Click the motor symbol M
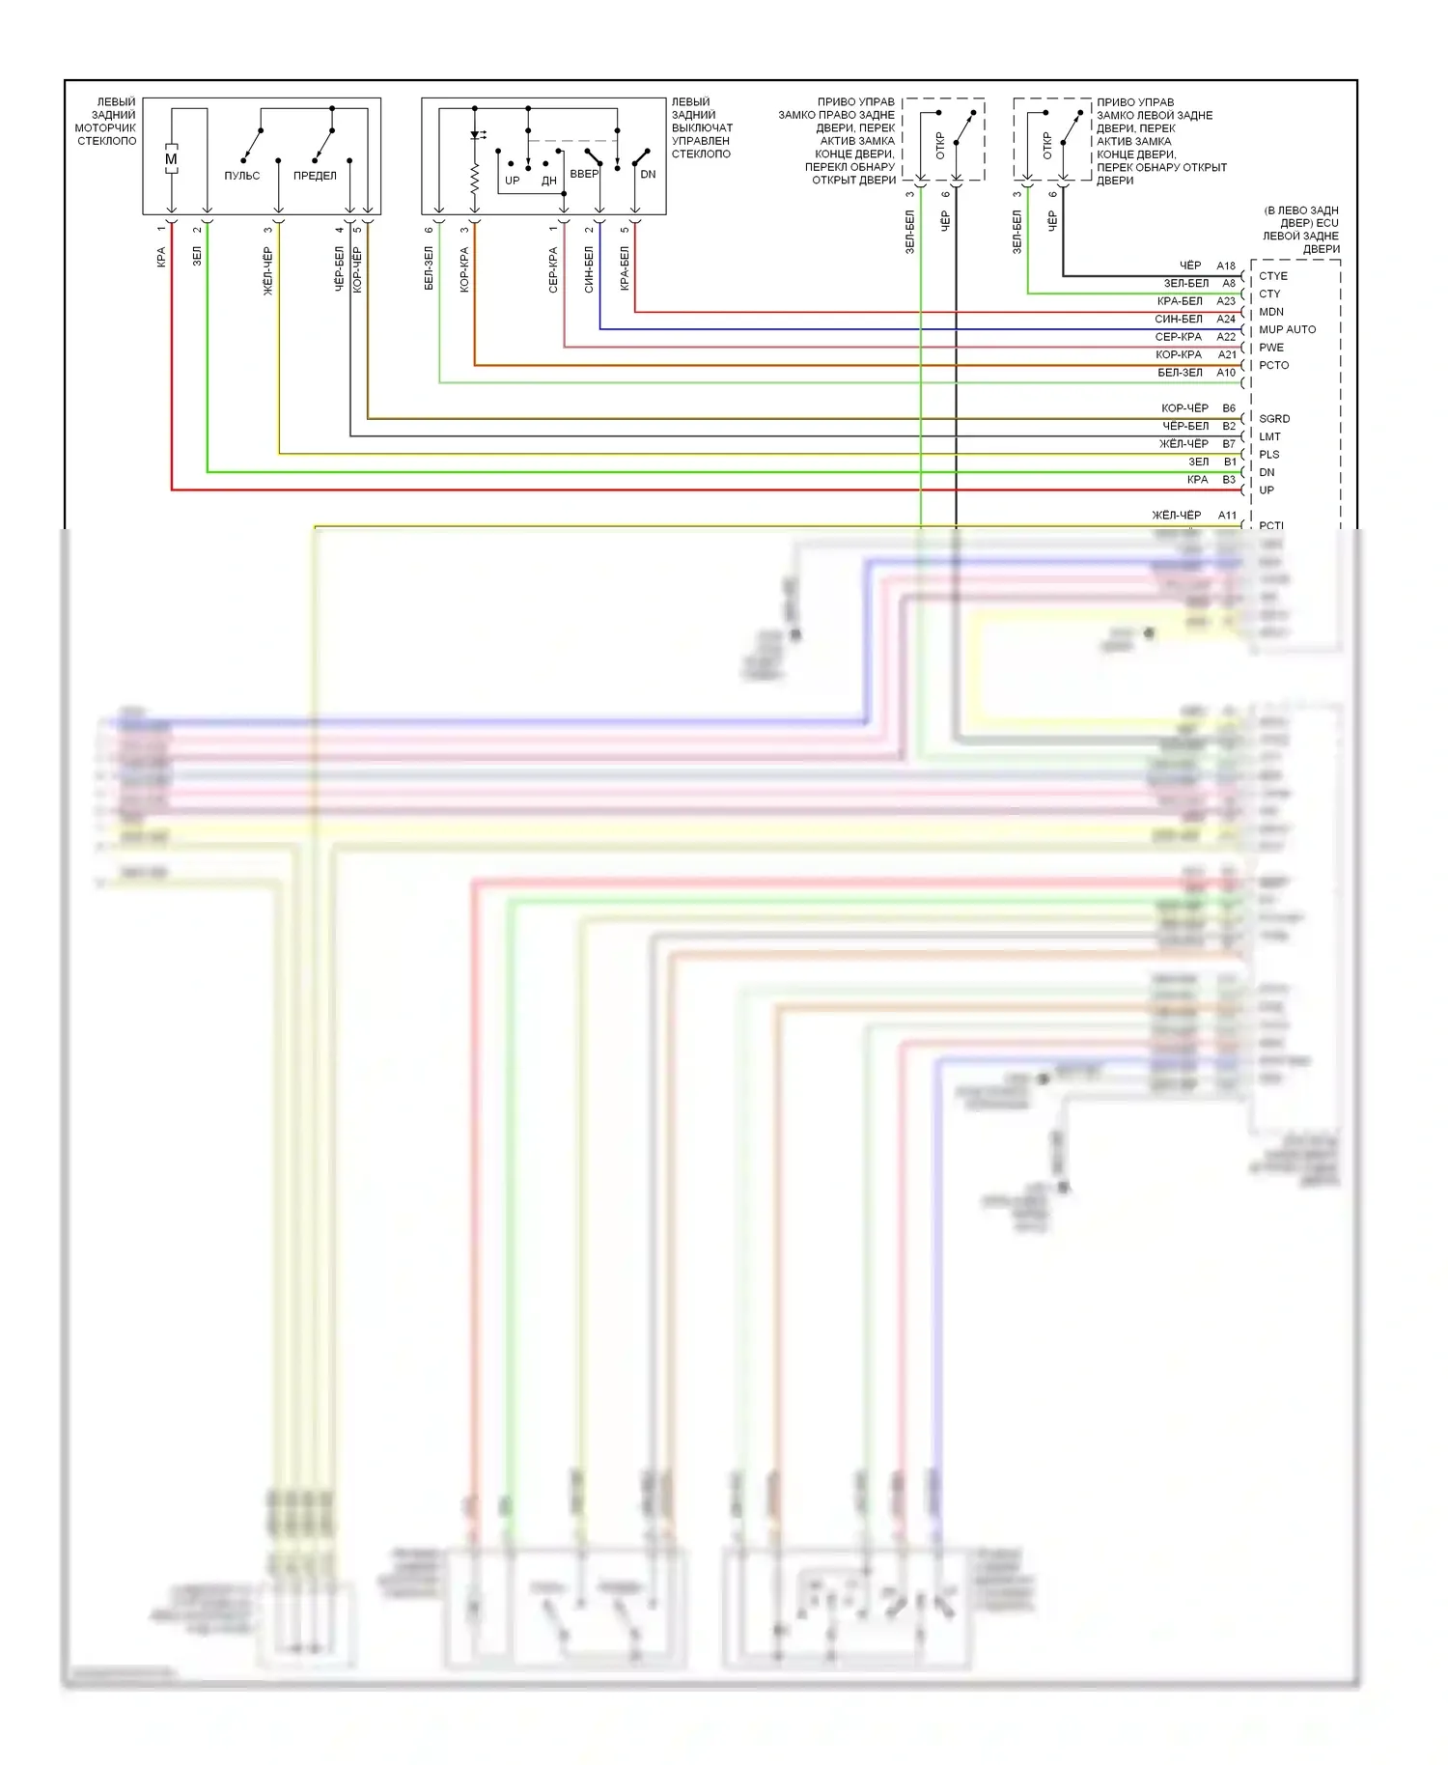click(171, 159)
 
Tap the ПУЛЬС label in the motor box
click(241, 176)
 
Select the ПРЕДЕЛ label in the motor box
click(315, 176)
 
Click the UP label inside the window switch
click(512, 181)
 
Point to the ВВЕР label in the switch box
click(583, 174)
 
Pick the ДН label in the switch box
click(548, 181)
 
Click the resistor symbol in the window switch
click(475, 180)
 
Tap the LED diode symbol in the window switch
click(475, 135)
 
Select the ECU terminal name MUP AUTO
click(1287, 329)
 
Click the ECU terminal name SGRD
click(1274, 419)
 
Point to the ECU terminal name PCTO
click(1273, 365)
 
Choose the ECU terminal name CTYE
click(1273, 276)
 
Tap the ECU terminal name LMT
click(1269, 436)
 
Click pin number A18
click(1226, 266)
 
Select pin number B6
click(1229, 408)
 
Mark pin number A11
click(1226, 516)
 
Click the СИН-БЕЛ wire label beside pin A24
click(1179, 319)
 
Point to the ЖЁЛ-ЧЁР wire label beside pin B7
click(1183, 444)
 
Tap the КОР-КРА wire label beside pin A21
click(1179, 354)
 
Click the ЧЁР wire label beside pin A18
click(1190, 266)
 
